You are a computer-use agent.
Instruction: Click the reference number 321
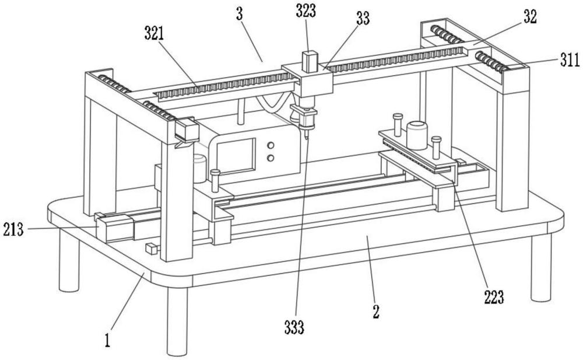pyautogui.click(x=154, y=34)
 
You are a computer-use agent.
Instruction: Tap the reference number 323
pyautogui.click(x=306, y=11)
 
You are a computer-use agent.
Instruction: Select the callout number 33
pyautogui.click(x=363, y=19)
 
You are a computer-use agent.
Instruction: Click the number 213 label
pyautogui.click(x=13, y=230)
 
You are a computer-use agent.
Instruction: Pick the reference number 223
pyautogui.click(x=494, y=297)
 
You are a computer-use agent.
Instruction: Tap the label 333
pyautogui.click(x=294, y=327)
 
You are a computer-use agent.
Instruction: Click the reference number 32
pyautogui.click(x=530, y=17)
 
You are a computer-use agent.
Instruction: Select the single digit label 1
pyautogui.click(x=107, y=340)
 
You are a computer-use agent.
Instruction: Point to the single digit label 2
pyautogui.click(x=376, y=312)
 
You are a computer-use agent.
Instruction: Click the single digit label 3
pyautogui.click(x=239, y=15)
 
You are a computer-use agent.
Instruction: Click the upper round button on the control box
pyautogui.click(x=271, y=145)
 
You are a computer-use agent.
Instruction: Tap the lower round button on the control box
pyautogui.click(x=271, y=158)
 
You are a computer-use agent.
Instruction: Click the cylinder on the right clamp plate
pyautogui.click(x=417, y=135)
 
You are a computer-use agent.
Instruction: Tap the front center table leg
pyautogui.click(x=177, y=320)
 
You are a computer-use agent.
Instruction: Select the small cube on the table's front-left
pyautogui.click(x=152, y=249)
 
